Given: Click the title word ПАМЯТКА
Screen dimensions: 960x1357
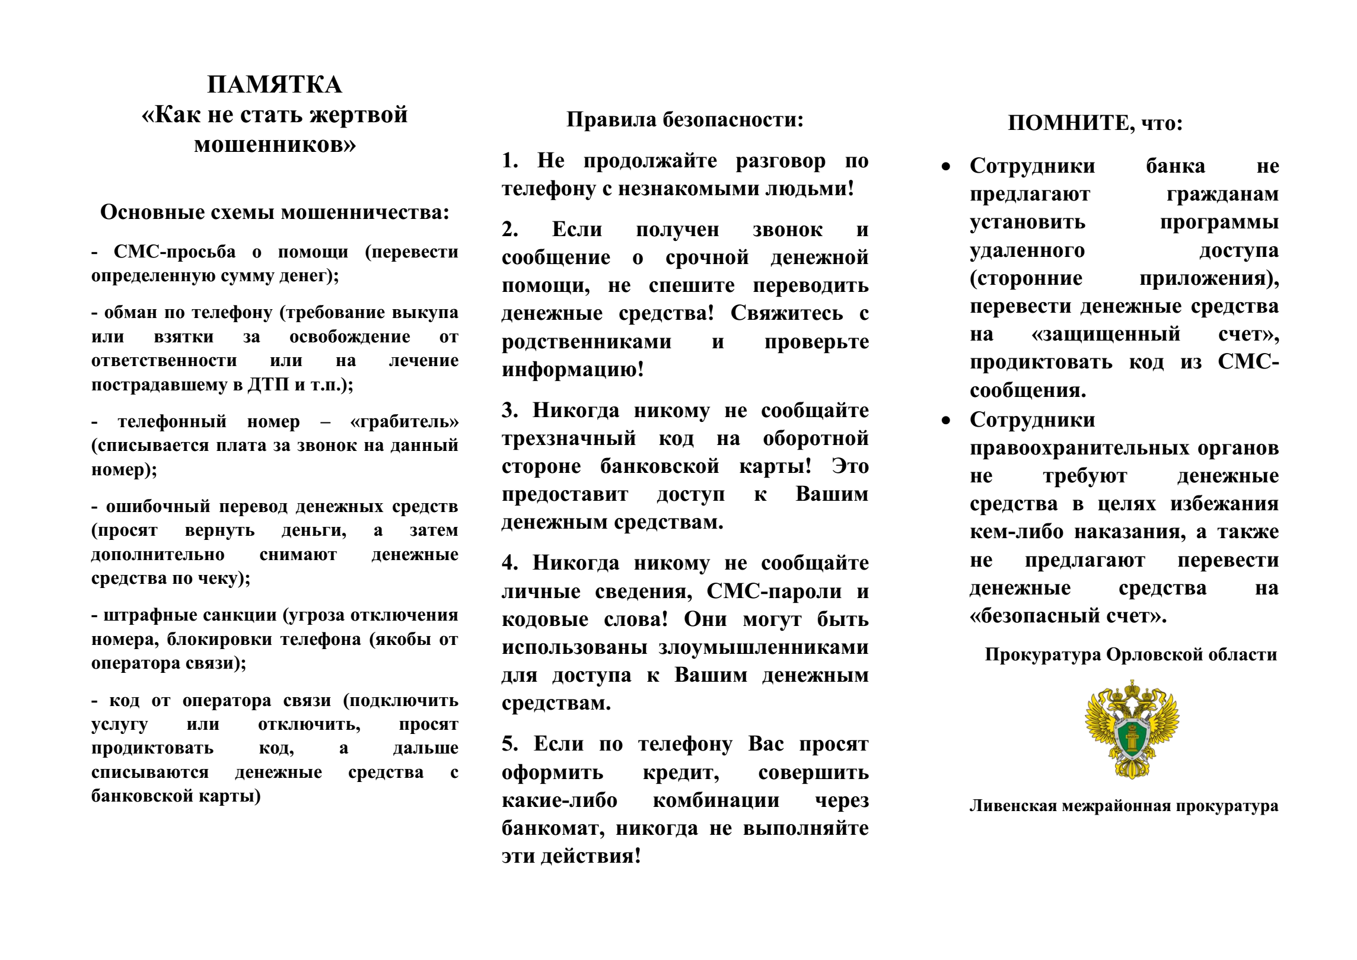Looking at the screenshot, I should point(274,85).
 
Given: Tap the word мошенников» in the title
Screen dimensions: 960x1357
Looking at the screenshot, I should point(275,144).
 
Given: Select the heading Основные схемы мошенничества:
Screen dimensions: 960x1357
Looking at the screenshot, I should point(275,212).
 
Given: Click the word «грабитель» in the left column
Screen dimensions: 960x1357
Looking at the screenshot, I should point(404,421).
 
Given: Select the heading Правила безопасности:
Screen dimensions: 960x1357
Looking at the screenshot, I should point(685,119).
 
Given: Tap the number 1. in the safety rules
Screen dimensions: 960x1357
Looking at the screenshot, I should point(510,160).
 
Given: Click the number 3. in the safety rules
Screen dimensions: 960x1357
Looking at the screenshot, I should point(510,410).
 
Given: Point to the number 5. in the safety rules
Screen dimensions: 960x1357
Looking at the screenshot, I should point(510,743).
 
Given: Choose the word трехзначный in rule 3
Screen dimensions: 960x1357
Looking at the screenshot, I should point(569,438).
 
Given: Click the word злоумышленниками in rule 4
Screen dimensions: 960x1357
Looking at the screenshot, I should point(763,647).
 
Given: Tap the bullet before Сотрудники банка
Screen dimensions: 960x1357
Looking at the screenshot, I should point(946,167).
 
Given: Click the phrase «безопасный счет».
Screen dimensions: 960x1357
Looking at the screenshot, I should point(1068,616).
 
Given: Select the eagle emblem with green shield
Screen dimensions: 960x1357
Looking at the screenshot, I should point(1132,729).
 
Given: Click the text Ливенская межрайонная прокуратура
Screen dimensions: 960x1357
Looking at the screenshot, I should point(1124,806).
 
